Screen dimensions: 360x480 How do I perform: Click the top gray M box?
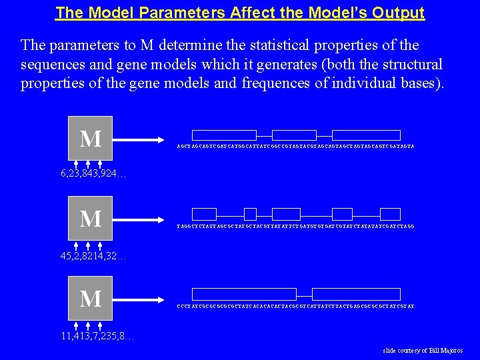(91, 138)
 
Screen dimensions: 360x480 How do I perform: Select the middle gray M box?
(91, 218)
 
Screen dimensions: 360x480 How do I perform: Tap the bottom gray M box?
(91, 298)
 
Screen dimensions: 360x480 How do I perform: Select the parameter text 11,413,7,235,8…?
(97, 335)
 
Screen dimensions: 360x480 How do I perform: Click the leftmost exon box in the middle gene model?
(204, 214)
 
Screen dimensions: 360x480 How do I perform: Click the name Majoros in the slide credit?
(449, 351)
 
